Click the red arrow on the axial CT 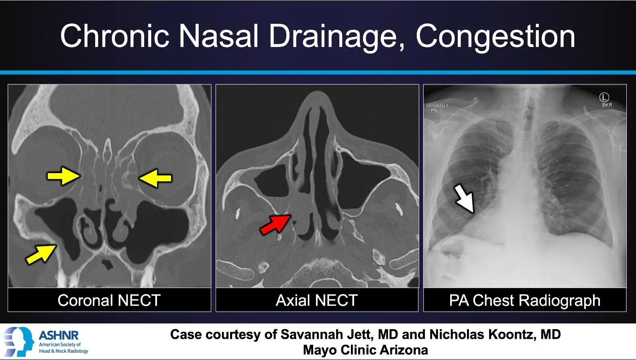pos(275,225)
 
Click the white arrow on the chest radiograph pos(465,198)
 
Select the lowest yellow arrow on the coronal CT pos(41,254)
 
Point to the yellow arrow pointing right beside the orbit pos(63,176)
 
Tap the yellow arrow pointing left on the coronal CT pos(155,178)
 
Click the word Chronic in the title pos(115,37)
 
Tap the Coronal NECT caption pos(109,300)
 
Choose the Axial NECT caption pos(316,300)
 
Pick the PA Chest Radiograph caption pos(525,301)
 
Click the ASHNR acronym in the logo pos(59,335)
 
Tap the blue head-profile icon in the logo pos(19,342)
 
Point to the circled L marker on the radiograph pos(604,97)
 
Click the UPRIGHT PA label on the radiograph pos(437,108)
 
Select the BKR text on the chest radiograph pos(607,105)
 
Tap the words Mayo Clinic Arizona pos(365,350)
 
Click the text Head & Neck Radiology pos(63,351)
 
